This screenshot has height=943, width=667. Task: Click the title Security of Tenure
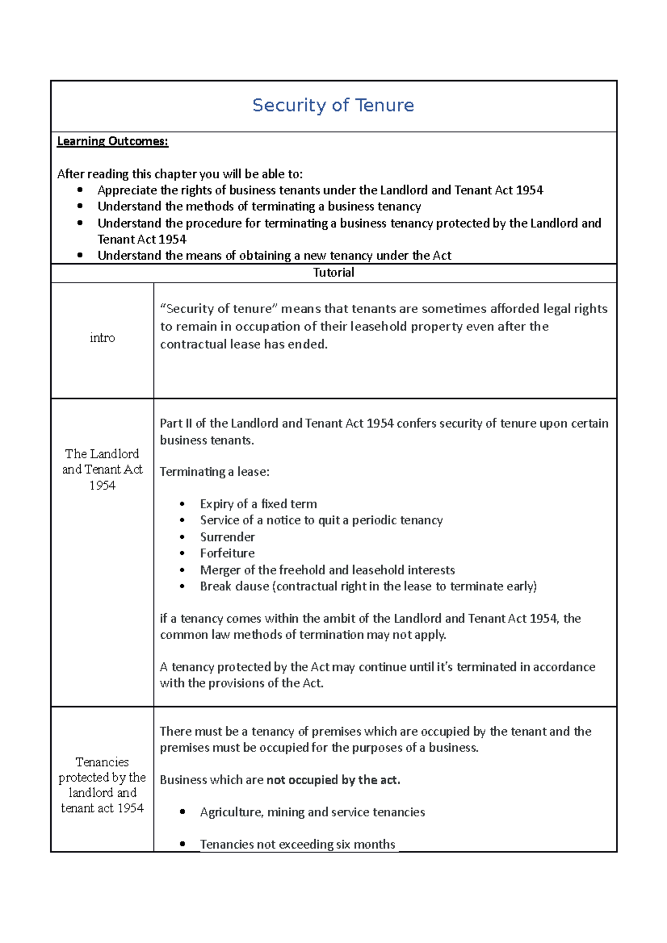coord(333,105)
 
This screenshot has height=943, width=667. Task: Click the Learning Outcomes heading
coord(112,141)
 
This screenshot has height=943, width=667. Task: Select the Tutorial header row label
coord(333,273)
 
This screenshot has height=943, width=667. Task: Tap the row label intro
coord(102,338)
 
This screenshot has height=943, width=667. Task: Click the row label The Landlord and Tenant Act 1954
coord(102,469)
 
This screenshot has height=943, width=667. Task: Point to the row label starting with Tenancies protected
coord(102,785)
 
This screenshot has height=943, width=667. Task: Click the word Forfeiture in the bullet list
coord(227,553)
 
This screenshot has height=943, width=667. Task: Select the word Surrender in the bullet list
coord(227,537)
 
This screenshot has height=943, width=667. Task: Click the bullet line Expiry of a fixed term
coord(258,504)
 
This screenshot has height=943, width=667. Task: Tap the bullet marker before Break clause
coord(182,586)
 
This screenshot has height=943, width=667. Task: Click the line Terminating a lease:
coord(215,472)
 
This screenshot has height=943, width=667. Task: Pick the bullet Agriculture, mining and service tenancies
coord(312,812)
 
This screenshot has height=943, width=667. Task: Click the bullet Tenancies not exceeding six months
coord(297,844)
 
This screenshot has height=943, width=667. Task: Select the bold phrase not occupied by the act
coord(333,780)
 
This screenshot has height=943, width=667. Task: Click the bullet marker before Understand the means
coord(80,255)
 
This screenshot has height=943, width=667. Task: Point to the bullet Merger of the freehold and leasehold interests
coord(327,570)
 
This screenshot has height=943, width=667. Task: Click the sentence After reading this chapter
coord(180,174)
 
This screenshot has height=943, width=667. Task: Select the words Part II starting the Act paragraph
coord(176,423)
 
